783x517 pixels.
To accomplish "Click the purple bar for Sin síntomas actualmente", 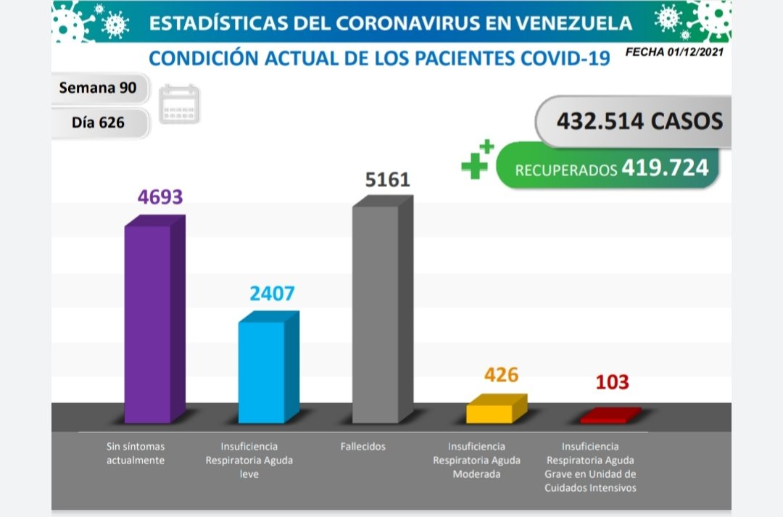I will tap(149, 323).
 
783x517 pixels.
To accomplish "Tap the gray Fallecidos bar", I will tap(376, 313).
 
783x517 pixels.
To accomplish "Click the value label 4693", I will tap(160, 197).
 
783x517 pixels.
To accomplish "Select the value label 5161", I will tap(388, 179).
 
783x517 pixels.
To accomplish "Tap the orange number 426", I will tap(502, 375).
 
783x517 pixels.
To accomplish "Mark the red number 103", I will tap(613, 382).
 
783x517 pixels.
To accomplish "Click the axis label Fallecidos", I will tap(362, 447).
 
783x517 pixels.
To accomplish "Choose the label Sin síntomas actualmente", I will tap(136, 453).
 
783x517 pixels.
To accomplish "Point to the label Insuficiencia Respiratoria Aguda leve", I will tap(249, 460).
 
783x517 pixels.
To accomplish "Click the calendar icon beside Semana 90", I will tap(179, 104).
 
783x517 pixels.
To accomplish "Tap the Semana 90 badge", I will tap(100, 88).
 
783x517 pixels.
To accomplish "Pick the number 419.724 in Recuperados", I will tap(664, 168).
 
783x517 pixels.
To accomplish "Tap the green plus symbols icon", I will tap(478, 160).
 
